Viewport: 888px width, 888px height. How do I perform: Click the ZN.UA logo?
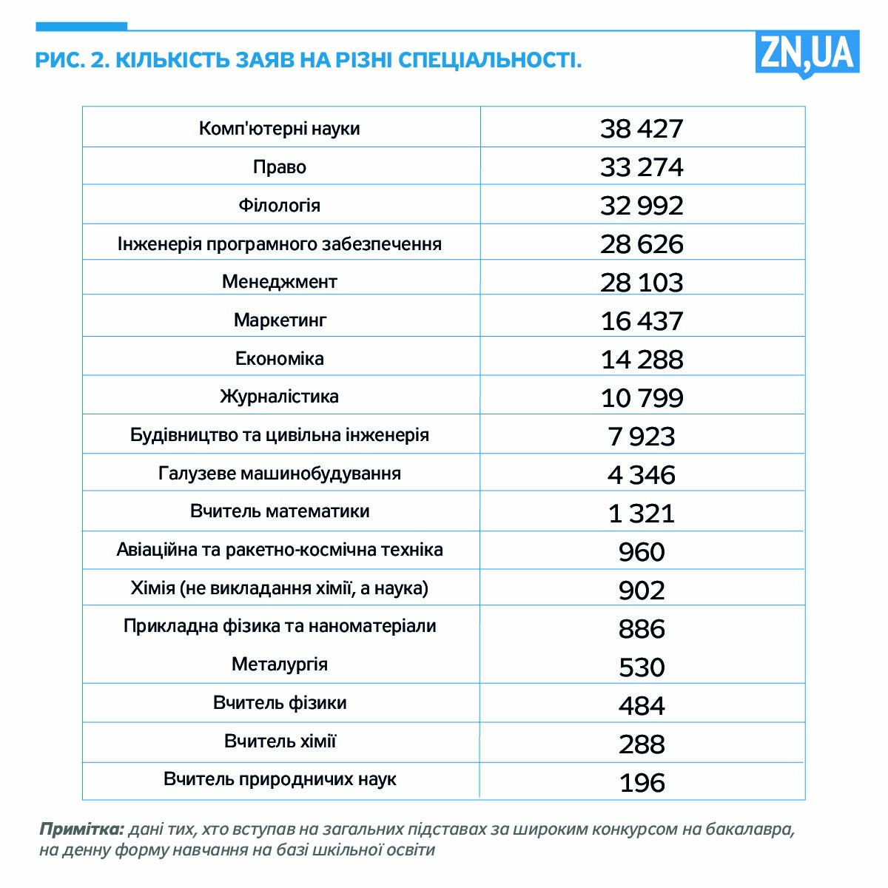(807, 53)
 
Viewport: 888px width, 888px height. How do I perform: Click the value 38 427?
(642, 129)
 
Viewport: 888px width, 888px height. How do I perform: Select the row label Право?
(279, 167)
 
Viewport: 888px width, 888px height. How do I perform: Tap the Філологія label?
(279, 205)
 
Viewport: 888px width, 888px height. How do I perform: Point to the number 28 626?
(642, 244)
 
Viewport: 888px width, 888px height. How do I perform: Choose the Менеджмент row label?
(279, 282)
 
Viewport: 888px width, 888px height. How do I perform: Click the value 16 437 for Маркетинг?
(642, 321)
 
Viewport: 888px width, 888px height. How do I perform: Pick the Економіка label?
(279, 359)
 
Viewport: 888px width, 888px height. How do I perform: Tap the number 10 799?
(642, 398)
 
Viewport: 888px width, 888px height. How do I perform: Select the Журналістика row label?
(279, 397)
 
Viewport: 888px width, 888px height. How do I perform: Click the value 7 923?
(642, 437)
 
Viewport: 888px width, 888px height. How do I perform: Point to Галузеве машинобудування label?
(279, 474)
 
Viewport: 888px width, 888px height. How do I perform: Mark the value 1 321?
(642, 513)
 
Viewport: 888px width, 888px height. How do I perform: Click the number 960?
(642, 552)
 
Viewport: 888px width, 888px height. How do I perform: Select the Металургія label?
(279, 665)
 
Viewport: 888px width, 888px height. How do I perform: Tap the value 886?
(642, 629)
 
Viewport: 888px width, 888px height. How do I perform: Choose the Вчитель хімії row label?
(280, 741)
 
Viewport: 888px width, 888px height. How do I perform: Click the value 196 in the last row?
(642, 783)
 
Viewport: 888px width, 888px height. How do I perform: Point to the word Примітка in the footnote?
(81, 829)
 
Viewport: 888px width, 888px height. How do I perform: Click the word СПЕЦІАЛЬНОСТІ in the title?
(489, 60)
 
